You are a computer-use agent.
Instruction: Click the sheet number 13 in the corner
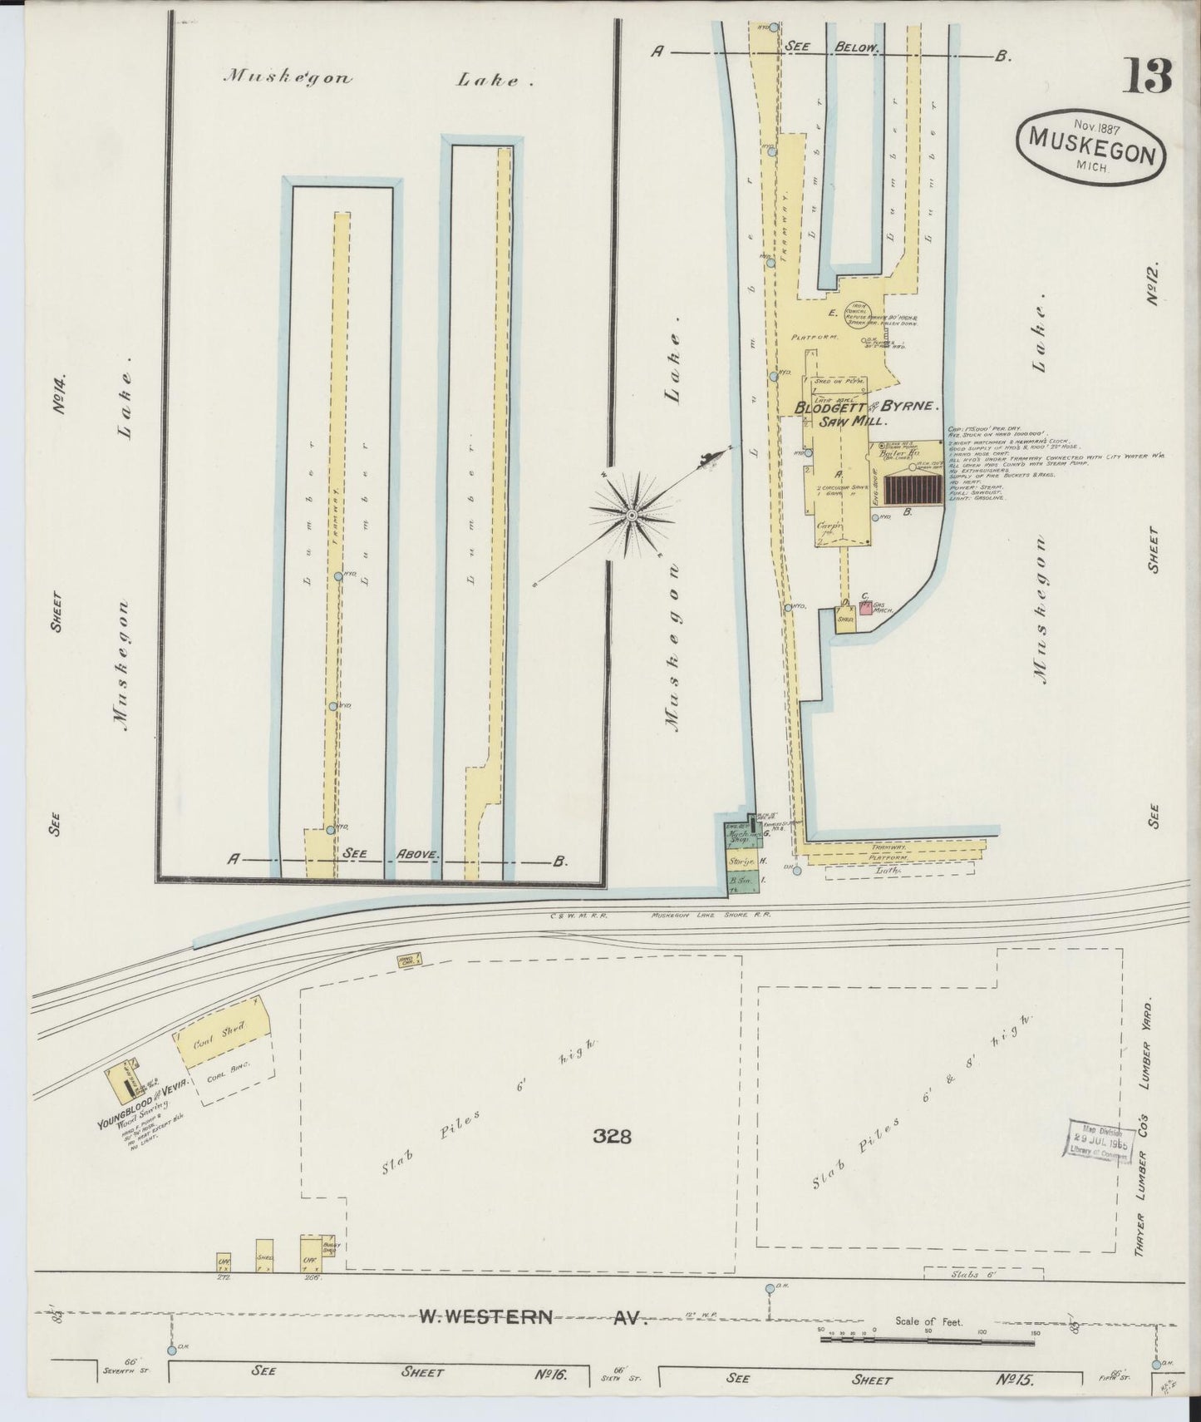coord(1148,77)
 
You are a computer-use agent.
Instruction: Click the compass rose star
coord(632,516)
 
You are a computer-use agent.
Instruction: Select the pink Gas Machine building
coord(865,609)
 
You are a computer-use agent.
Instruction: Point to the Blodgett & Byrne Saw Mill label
coord(867,414)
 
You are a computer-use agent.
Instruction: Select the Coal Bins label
coord(227,1070)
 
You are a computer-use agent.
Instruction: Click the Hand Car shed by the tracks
coord(408,960)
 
